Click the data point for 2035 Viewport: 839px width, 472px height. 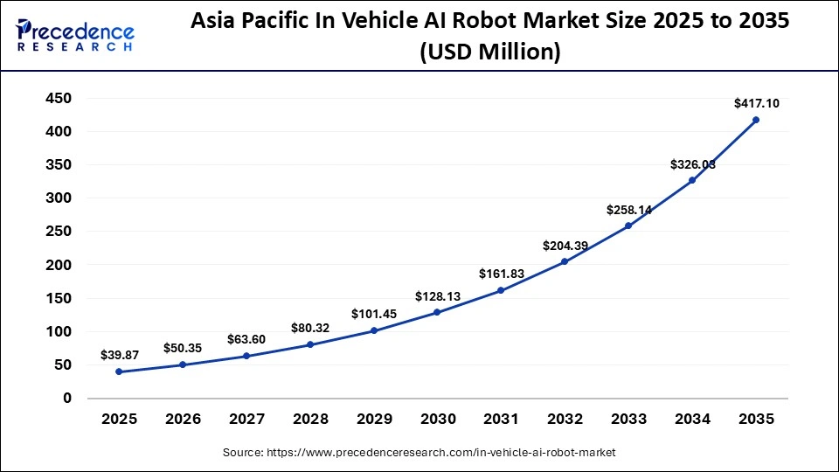[756, 120]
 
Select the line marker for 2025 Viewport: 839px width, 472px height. [119, 371]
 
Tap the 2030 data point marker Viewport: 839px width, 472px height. [437, 312]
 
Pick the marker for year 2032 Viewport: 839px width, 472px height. [565, 261]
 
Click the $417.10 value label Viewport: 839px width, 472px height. [756, 103]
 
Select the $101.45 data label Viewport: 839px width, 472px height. [374, 314]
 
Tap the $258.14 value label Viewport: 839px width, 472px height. [629, 211]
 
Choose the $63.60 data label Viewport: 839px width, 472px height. [246, 339]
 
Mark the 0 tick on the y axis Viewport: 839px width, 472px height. [66, 398]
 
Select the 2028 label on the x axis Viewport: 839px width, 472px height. [310, 420]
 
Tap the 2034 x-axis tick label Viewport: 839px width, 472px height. [692, 420]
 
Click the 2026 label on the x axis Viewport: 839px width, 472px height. [183, 420]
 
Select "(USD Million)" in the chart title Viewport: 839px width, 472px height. [489, 52]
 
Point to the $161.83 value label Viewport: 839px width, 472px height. [502, 274]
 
